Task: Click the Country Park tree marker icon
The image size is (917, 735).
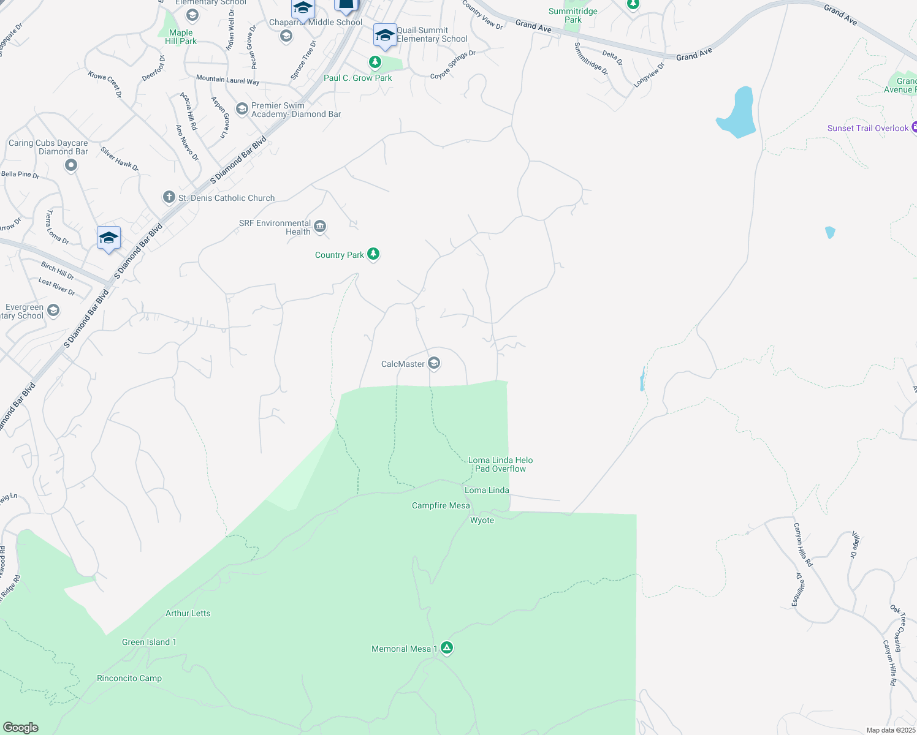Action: point(373,254)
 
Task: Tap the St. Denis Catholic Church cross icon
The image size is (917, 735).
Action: point(169,197)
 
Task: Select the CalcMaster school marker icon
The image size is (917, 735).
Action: point(434,364)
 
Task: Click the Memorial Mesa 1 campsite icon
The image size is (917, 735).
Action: point(447,648)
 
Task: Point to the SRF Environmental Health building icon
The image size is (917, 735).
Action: point(319,227)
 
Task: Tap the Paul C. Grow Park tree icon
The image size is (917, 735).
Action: point(375,62)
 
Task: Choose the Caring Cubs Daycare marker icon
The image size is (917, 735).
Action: point(71,165)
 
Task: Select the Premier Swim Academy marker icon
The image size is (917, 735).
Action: point(242,110)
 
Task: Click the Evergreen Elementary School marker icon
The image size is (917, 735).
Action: point(53,311)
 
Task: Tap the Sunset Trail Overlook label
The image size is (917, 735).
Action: point(867,128)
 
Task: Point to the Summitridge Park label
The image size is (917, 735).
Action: point(573,15)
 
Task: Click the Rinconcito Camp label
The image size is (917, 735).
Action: point(129,678)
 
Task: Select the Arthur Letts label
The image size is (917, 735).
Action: point(188,613)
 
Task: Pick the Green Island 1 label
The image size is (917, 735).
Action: point(149,642)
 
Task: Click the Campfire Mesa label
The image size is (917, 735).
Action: point(441,505)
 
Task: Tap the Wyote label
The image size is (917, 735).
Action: point(482,520)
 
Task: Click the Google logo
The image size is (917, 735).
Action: point(21,728)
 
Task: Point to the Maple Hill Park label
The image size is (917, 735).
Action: point(181,37)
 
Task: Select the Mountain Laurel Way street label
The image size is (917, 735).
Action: point(227,80)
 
